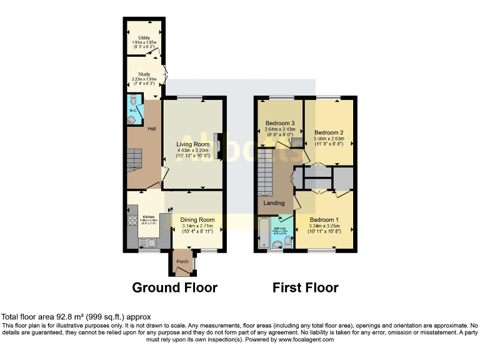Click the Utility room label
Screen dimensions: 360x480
coord(144,38)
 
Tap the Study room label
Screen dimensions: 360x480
coord(144,74)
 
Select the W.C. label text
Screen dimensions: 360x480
coord(132,111)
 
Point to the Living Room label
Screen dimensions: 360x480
coord(192,144)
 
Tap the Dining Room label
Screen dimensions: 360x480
coord(197,220)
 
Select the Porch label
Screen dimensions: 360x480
coord(182,261)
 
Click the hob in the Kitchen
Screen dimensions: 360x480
coord(132,220)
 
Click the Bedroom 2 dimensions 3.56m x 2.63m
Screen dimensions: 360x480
coord(329,139)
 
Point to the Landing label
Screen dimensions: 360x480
coord(274,203)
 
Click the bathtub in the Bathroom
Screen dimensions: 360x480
coord(264,232)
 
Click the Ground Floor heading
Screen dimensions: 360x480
coord(174,287)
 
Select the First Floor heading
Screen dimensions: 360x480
coord(305,287)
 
